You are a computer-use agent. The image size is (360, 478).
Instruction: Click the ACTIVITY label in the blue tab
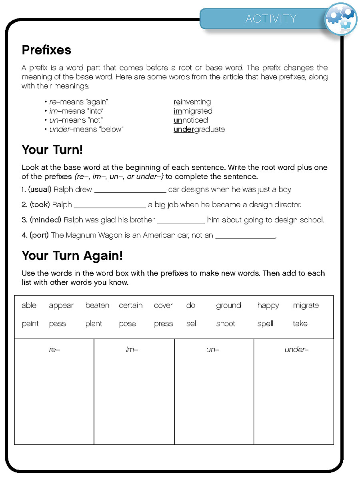pyautogui.click(x=271, y=19)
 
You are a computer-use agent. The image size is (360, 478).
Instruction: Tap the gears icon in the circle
pyautogui.click(x=340, y=19)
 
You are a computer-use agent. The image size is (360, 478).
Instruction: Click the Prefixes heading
pyautogui.click(x=46, y=50)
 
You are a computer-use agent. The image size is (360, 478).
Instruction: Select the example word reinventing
pyautogui.click(x=192, y=102)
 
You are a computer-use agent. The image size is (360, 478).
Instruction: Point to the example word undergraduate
pyautogui.click(x=199, y=129)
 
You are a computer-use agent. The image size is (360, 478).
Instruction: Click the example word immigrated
pyautogui.click(x=193, y=111)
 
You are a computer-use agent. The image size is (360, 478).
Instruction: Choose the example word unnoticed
pyautogui.click(x=191, y=120)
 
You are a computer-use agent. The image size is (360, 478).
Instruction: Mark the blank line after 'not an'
pyautogui.click(x=245, y=237)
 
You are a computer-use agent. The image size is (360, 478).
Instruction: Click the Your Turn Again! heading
pyautogui.click(x=72, y=256)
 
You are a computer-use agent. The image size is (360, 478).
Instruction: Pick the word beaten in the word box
pyautogui.click(x=97, y=306)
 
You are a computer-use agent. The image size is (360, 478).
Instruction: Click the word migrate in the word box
pyautogui.click(x=306, y=306)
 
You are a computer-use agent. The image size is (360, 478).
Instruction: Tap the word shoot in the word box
pyautogui.click(x=226, y=324)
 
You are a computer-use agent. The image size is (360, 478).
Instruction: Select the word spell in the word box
pyautogui.click(x=265, y=324)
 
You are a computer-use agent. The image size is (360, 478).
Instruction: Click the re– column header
pyautogui.click(x=54, y=350)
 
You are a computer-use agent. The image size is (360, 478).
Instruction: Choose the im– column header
pyautogui.click(x=132, y=350)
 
